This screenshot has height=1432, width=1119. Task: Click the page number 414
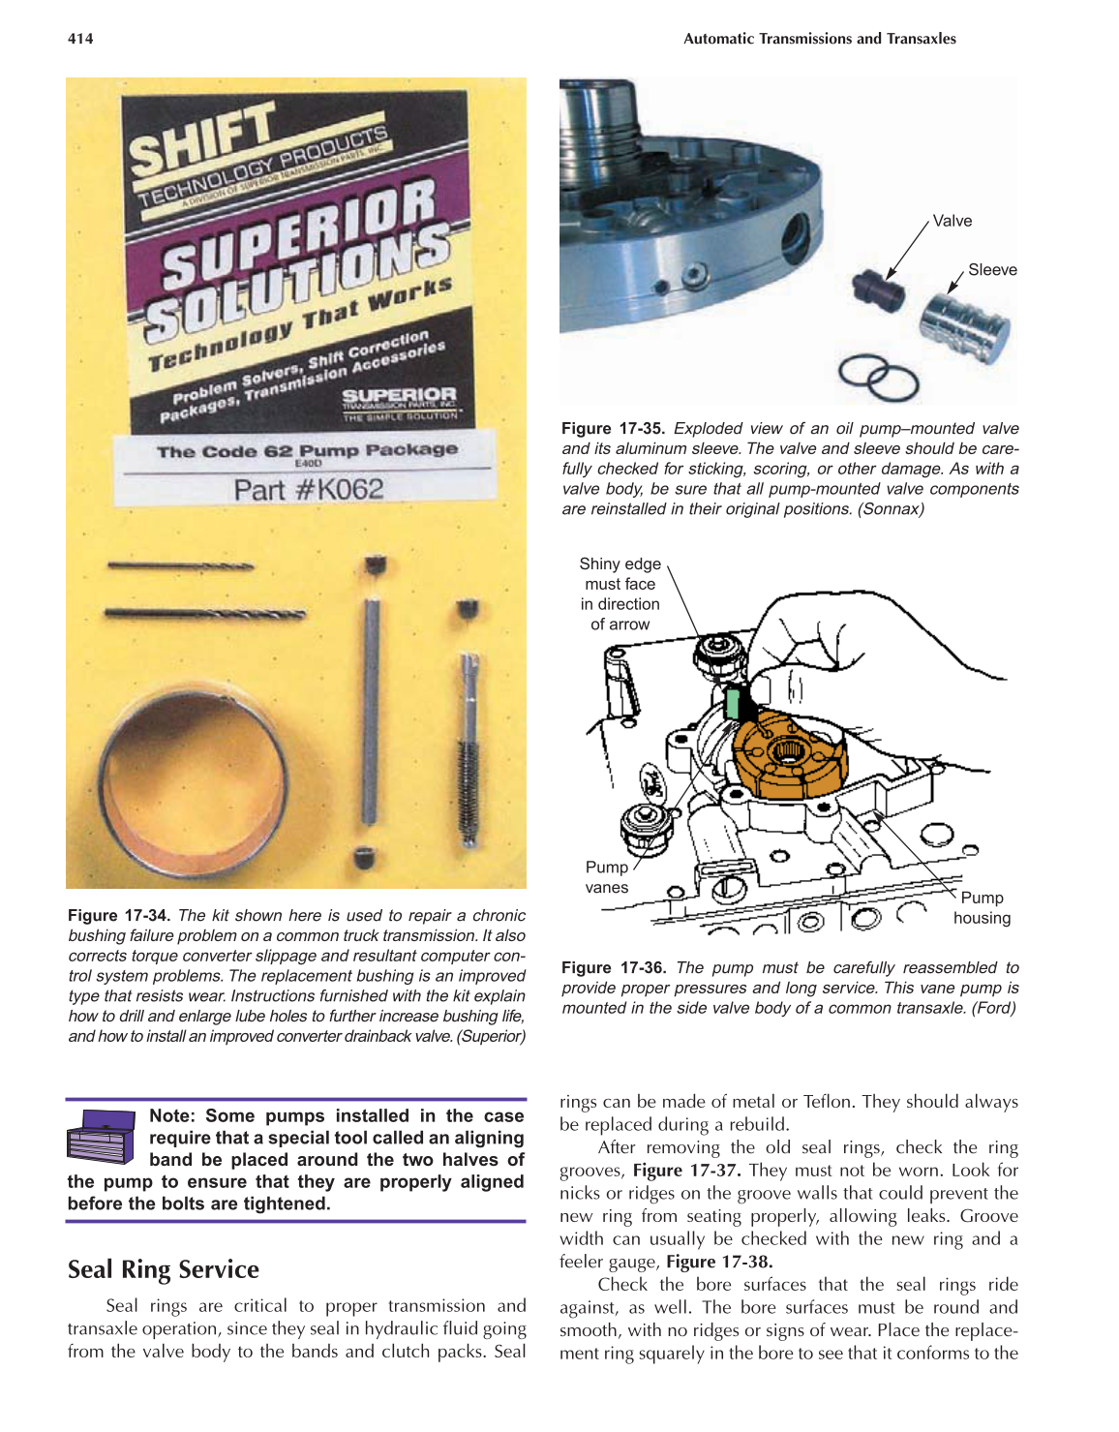click(x=80, y=39)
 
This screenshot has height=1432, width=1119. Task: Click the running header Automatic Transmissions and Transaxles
click(x=819, y=39)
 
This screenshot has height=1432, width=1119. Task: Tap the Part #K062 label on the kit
click(x=308, y=489)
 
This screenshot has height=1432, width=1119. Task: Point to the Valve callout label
click(x=952, y=221)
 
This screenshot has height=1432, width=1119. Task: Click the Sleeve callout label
click(x=992, y=270)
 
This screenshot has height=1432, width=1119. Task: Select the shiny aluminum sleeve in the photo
click(x=963, y=328)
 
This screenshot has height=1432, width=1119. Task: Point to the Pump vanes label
click(x=607, y=877)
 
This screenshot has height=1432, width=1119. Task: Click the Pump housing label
click(x=982, y=908)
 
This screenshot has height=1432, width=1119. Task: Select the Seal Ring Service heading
click(x=164, y=1269)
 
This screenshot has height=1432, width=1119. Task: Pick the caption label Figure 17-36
click(x=614, y=968)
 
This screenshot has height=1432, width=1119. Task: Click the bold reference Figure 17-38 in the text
click(x=719, y=1262)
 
